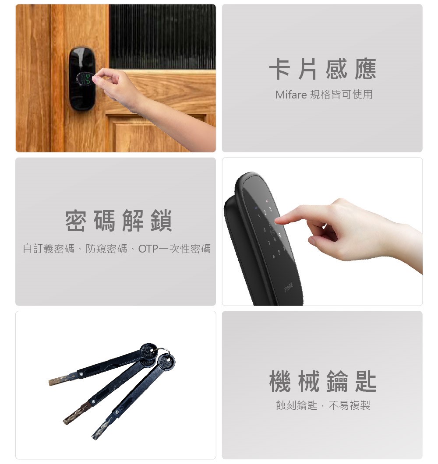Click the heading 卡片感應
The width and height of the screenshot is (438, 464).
[x=323, y=69]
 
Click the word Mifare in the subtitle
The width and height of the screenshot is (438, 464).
[x=291, y=95]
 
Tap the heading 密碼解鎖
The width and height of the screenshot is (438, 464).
[x=118, y=221]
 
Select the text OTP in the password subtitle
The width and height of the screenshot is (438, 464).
[x=148, y=249]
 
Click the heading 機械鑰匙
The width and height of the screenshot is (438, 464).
[x=323, y=381]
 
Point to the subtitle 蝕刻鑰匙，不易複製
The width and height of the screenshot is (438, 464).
[x=323, y=405]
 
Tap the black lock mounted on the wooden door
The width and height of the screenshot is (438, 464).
[x=82, y=78]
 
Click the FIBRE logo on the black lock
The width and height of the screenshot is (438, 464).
[x=289, y=287]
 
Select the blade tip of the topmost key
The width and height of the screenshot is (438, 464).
[x=51, y=383]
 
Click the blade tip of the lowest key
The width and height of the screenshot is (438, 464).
[x=95, y=436]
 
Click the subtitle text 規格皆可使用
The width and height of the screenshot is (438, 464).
[x=341, y=95]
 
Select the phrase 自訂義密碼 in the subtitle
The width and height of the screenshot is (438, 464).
[x=49, y=249]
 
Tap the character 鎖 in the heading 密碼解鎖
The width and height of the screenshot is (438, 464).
[x=161, y=221]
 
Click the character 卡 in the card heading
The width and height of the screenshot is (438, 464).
[x=279, y=69]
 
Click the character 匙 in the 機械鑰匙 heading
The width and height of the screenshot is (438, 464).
[x=366, y=381]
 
